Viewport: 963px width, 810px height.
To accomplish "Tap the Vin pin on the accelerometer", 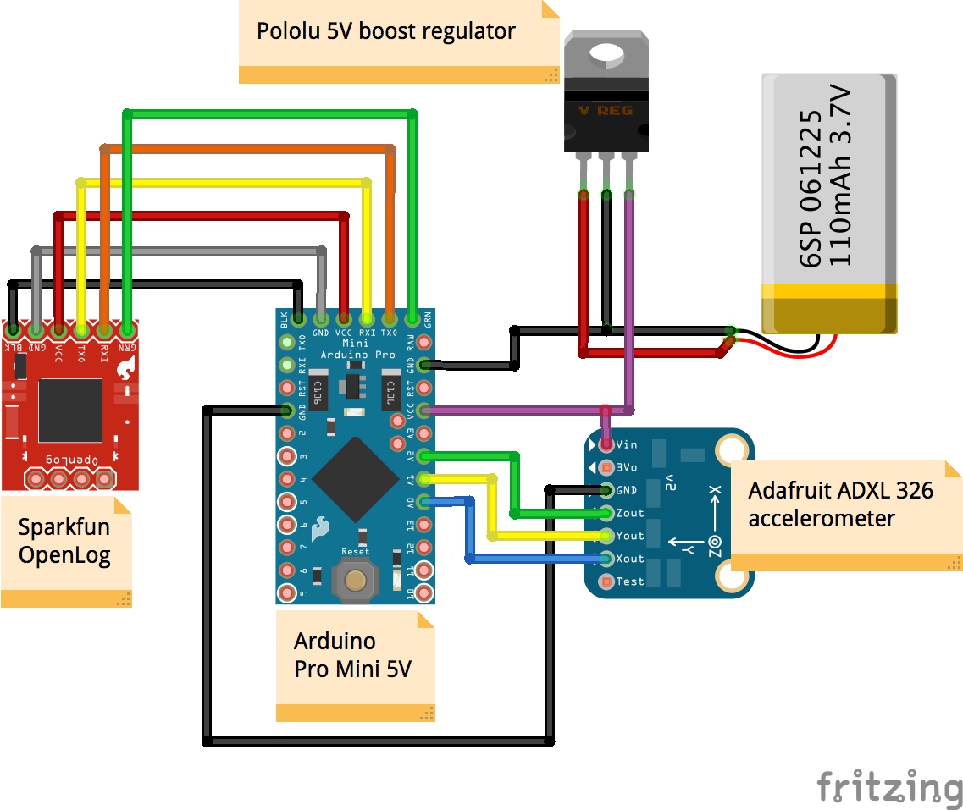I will pyautogui.click(x=606, y=444).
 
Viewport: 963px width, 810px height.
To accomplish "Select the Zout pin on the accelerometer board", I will pyautogui.click(x=606, y=512).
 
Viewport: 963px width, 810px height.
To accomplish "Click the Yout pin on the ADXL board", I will pyautogui.click(x=606, y=535).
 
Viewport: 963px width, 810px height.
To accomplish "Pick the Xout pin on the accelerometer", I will pyautogui.click(x=606, y=558).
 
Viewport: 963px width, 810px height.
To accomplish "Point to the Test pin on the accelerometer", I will pyautogui.click(x=606, y=581).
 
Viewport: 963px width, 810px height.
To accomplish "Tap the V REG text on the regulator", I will pyautogui.click(x=606, y=111).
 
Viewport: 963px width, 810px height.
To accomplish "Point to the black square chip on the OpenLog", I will pyautogui.click(x=69, y=411).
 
